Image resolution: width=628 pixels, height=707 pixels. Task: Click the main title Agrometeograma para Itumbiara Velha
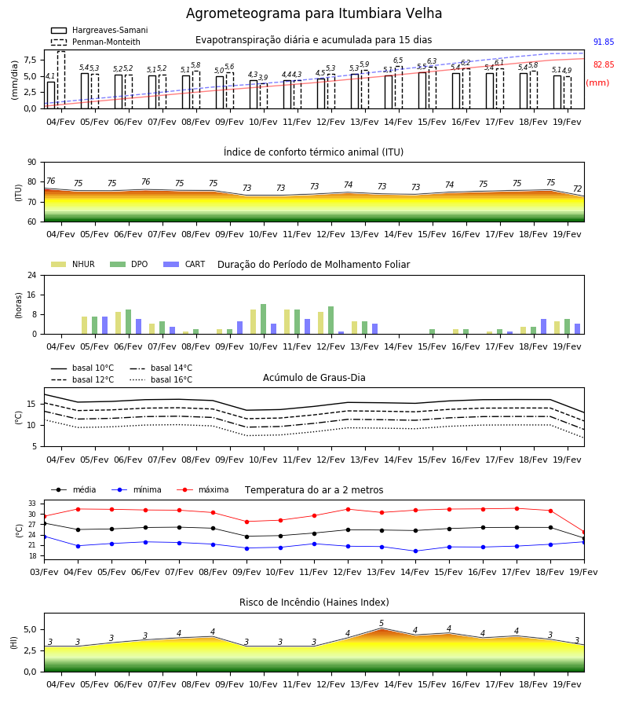click(313, 13)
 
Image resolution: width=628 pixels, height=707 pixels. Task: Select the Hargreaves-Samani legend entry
click(100, 30)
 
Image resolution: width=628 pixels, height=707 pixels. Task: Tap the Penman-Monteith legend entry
click(96, 42)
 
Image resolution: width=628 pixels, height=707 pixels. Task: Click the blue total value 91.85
click(604, 42)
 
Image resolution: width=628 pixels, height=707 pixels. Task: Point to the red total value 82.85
click(604, 64)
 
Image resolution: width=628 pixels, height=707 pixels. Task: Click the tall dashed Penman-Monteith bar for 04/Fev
click(61, 80)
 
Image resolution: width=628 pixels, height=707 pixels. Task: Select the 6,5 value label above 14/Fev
click(398, 60)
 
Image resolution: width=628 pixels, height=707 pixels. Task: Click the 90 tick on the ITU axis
click(32, 163)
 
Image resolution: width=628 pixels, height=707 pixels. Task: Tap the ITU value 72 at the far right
click(578, 189)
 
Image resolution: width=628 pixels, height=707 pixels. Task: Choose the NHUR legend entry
click(73, 264)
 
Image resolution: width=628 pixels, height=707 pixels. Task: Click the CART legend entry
click(184, 264)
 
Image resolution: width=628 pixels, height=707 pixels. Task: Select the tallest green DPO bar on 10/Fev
click(264, 319)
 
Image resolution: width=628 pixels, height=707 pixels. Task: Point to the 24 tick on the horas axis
click(32, 275)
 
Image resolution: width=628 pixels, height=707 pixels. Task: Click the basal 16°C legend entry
click(161, 379)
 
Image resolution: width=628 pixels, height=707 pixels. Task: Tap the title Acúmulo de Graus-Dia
click(314, 378)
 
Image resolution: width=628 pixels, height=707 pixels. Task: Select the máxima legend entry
click(203, 489)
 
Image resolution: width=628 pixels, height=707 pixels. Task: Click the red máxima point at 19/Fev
click(584, 533)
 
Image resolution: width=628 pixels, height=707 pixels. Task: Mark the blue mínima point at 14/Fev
click(415, 551)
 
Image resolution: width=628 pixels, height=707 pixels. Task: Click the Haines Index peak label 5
click(382, 623)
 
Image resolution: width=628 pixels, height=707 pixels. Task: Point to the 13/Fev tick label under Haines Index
click(364, 684)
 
